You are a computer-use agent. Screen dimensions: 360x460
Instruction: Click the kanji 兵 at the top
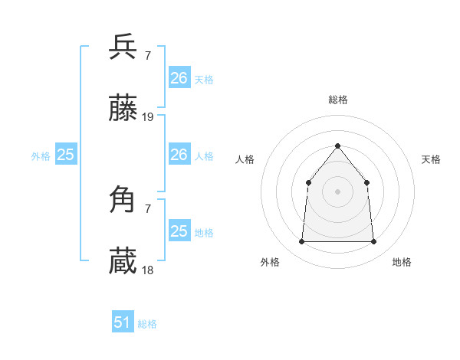coord(123,47)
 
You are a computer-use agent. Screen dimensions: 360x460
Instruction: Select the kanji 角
coord(123,200)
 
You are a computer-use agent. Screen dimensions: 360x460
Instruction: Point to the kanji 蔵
coord(123,261)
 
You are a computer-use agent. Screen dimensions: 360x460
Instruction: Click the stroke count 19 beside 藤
coord(148,117)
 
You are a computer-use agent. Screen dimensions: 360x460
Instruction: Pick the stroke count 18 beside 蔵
coord(148,270)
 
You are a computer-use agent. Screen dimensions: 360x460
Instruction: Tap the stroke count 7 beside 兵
coord(147,56)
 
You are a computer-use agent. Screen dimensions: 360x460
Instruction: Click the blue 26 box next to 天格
coord(179,78)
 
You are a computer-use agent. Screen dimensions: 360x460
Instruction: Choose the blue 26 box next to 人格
coord(179,155)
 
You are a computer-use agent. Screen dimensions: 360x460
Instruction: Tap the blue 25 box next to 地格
coord(179,231)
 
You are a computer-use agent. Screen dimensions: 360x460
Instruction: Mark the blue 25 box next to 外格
coord(65,155)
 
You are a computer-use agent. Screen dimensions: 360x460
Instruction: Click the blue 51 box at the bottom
coord(122,322)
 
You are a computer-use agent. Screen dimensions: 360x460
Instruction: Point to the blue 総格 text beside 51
coord(147,324)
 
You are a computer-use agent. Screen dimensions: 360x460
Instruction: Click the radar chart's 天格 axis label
coord(431,159)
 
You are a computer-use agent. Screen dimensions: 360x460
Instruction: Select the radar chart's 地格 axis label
coord(402,262)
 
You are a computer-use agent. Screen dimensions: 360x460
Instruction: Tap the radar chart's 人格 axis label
coord(245,159)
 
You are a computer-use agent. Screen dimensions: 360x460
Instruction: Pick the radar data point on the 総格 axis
coord(337,146)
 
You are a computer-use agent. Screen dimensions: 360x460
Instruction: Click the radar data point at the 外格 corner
coord(302,242)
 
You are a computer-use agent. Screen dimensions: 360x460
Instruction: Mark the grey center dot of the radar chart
coord(337,191)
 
